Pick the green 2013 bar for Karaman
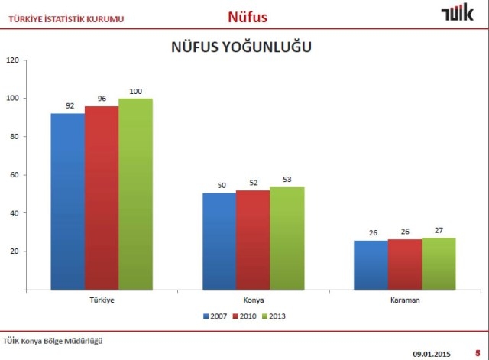439,264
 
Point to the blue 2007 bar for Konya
219,241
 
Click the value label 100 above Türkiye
135,92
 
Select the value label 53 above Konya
287,180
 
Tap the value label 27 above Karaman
439,230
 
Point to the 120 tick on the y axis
12,60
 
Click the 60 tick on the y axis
14,175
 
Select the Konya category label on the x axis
253,300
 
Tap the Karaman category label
404,300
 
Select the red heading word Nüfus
248,16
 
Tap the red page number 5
477,353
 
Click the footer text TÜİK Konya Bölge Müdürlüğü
53,341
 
